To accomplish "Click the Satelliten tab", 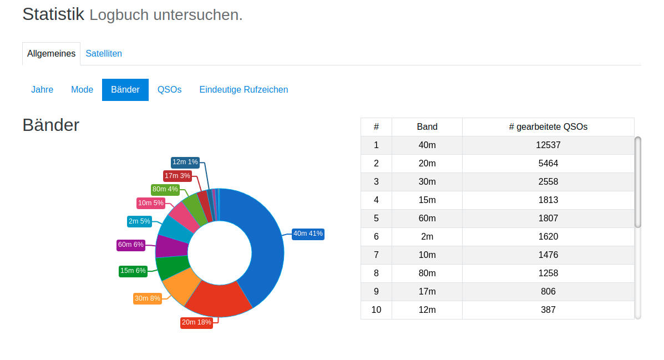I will coord(104,54).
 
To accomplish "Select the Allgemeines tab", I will coord(51,54).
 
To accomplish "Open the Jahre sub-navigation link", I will coord(42,90).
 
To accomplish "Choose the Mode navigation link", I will coord(82,90).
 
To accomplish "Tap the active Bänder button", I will coord(125,90).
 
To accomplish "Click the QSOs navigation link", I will coord(169,90).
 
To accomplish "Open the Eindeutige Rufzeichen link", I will coord(244,90).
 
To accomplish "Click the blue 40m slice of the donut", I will coord(261,244).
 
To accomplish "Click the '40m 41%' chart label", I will coord(308,234).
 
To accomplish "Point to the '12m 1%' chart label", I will coord(185,162).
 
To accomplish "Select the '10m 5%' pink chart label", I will coord(151,203).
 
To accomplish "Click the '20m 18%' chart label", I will coord(197,323).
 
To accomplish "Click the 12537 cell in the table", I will coord(548,145).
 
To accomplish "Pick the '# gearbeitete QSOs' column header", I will coord(548,127).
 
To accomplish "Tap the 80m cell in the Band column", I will coord(427,273).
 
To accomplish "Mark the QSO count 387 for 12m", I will coord(548,310).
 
